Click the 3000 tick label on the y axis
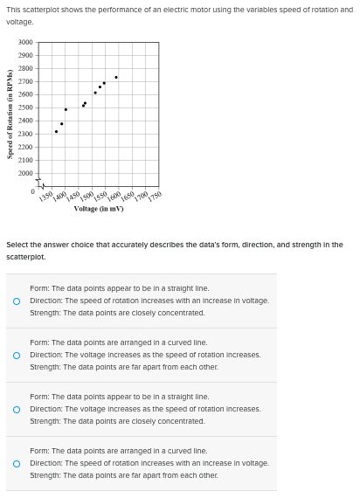point(25,42)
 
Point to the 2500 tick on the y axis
point(25,107)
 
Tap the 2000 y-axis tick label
point(25,173)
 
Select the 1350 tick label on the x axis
point(46,197)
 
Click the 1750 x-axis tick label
point(154,197)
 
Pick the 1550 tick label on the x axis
point(100,197)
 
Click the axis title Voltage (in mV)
point(98,210)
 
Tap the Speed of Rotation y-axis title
point(10,114)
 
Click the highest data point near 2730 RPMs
point(116,77)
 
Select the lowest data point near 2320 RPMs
point(56,131)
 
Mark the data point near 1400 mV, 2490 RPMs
point(66,109)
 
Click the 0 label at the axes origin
point(32,191)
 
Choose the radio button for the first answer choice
point(17,301)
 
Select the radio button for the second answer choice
point(17,355)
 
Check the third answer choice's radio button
point(17,409)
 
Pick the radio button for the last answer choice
point(17,463)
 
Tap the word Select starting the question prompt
point(17,245)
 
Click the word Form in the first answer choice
point(38,287)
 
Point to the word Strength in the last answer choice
point(44,475)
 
